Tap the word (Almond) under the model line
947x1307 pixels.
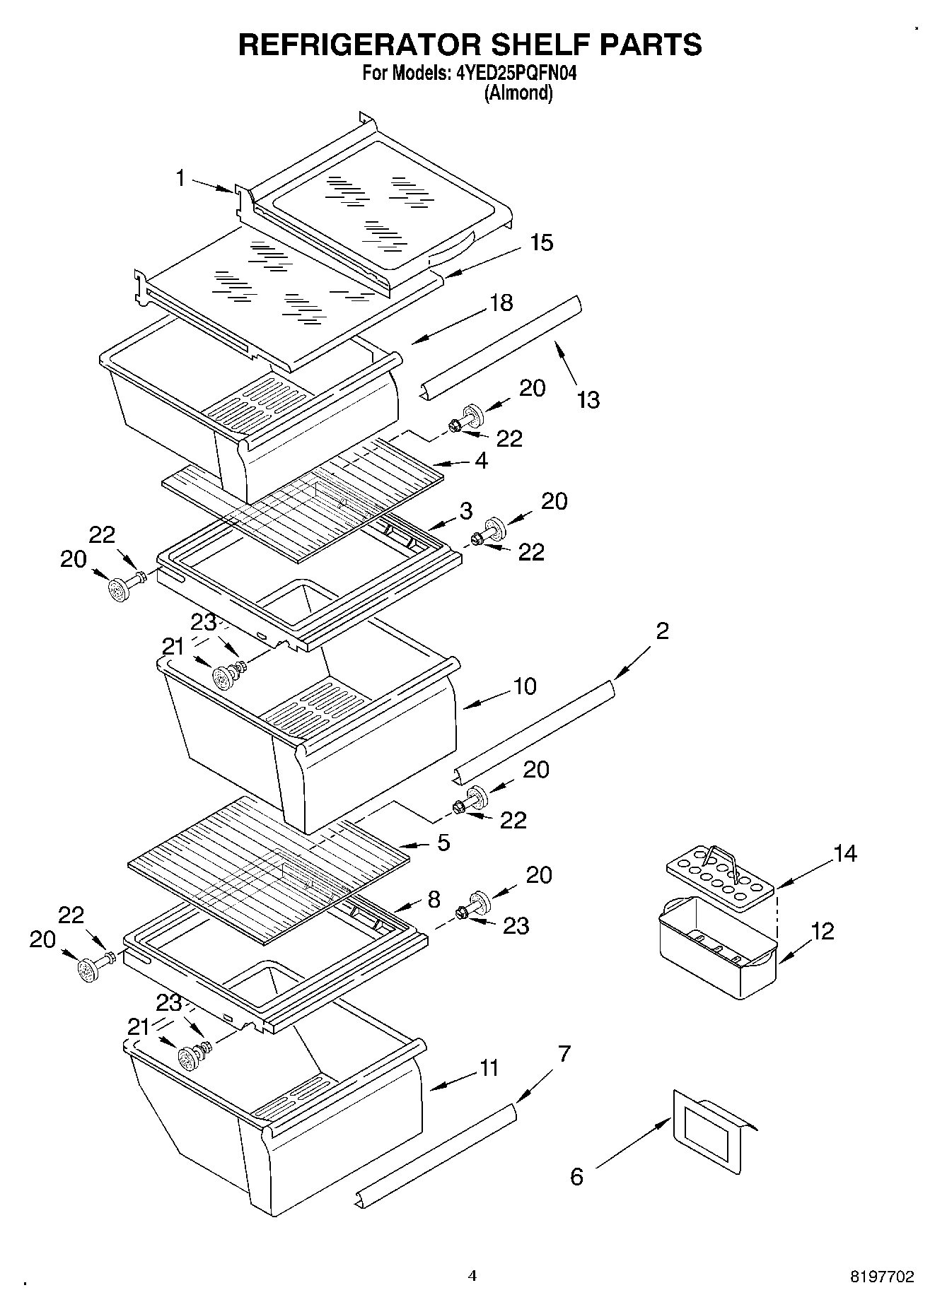click(x=518, y=93)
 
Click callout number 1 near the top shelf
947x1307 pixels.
click(x=180, y=178)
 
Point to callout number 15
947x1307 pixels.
click(x=541, y=242)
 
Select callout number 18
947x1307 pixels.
click(x=501, y=303)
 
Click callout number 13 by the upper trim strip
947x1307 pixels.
click(x=588, y=400)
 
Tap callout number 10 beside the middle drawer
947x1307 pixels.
click(x=525, y=686)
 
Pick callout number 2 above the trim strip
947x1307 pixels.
click(x=662, y=630)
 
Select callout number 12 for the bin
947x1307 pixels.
click(x=823, y=930)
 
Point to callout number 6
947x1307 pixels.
click(x=577, y=1177)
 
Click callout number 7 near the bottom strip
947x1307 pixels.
click(x=564, y=1054)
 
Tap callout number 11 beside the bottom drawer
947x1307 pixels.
click(x=489, y=1067)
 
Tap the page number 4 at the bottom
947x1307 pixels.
click(x=472, y=1276)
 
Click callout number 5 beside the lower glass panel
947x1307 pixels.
click(x=443, y=843)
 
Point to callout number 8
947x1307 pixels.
click(x=434, y=899)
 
